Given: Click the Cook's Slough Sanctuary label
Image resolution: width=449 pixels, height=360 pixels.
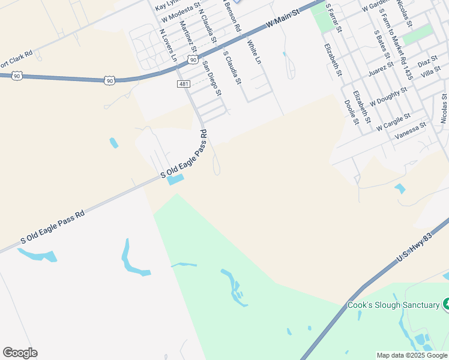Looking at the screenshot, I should pos(393,305).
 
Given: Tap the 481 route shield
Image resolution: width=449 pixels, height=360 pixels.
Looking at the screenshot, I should pos(184,84).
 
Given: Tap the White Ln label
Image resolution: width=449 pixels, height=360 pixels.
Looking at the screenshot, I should pos(255,52).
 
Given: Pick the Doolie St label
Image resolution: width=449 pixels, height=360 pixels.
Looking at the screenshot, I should pos(351,112).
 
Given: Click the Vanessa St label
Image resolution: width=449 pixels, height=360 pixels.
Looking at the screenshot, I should pos(410,131).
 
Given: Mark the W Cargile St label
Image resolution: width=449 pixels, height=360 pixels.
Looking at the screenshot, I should pos(393,122).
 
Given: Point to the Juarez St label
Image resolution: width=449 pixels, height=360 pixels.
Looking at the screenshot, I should pos(381,70).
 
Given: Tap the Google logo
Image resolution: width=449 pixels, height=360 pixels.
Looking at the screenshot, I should pos(20,353).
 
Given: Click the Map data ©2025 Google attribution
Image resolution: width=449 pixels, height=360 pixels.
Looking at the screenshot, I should pos(412,355).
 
